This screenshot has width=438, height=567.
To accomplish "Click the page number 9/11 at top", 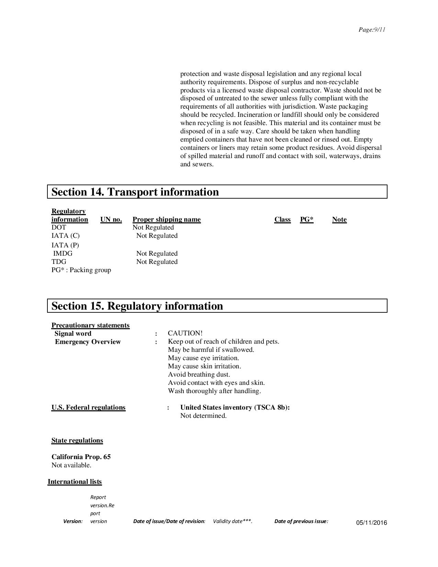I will click(x=372, y=30).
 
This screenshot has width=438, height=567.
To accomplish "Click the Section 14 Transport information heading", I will click(x=135, y=192).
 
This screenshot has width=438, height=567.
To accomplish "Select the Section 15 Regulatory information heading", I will click(x=137, y=306).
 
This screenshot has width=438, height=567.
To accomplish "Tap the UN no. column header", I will click(x=111, y=220).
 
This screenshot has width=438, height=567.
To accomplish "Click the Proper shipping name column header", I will click(x=167, y=220).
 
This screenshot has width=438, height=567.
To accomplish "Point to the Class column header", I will click(x=282, y=220).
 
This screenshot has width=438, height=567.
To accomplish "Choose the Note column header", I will click(x=339, y=220).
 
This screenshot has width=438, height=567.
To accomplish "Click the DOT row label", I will click(x=59, y=227).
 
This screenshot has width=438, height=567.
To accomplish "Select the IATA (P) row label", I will click(x=65, y=245).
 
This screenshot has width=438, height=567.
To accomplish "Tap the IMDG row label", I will click(x=63, y=254).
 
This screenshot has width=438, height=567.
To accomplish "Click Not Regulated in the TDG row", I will click(x=157, y=262).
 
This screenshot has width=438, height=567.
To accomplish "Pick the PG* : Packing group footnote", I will click(x=81, y=270).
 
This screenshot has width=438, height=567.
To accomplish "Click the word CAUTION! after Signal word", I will click(x=185, y=333).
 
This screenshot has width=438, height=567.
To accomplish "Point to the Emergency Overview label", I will click(x=88, y=342).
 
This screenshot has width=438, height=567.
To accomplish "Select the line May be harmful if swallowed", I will click(x=211, y=350).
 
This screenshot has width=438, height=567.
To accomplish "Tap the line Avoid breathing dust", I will click(x=199, y=375).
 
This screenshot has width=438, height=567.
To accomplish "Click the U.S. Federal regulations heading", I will click(x=88, y=408).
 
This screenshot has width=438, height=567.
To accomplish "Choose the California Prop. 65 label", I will click(x=81, y=457).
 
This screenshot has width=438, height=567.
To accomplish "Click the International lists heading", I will click(x=75, y=482).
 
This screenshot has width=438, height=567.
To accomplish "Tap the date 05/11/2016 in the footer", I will click(x=371, y=523).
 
